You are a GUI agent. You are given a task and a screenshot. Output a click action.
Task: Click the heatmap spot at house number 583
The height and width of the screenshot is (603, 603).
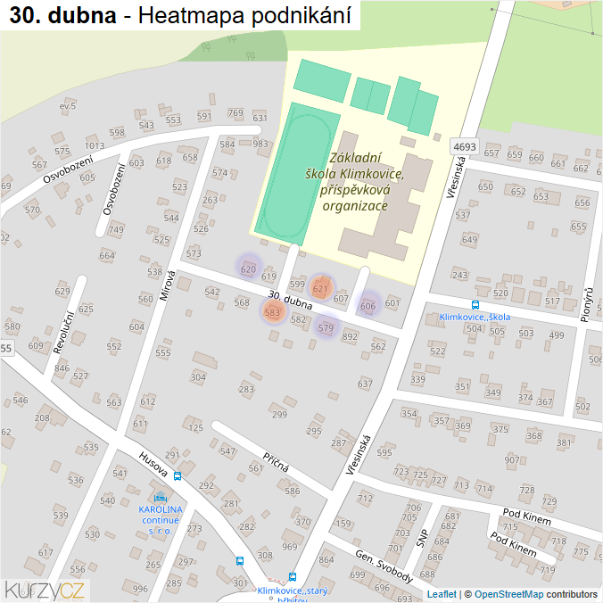point(273,312)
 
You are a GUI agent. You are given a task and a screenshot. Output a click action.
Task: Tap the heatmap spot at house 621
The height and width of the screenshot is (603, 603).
point(321,287)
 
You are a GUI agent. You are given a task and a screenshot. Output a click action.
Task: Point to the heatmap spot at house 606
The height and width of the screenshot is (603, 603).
point(368,304)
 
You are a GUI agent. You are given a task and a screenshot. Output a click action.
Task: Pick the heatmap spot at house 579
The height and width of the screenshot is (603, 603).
point(326,327)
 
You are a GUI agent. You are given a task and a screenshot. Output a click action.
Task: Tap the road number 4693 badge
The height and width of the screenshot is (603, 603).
point(465,146)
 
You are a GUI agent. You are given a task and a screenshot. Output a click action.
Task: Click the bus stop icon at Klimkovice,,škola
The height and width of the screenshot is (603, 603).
point(475,304)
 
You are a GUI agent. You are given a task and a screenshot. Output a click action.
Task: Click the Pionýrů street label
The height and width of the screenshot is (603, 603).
point(587,305)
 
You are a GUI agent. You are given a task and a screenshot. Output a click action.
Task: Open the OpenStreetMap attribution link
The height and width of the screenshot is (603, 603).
point(508,594)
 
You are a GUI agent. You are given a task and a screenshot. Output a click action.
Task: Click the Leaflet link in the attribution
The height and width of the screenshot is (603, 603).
point(442,594)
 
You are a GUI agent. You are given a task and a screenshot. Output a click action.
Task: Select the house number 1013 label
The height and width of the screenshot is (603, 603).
point(95,146)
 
